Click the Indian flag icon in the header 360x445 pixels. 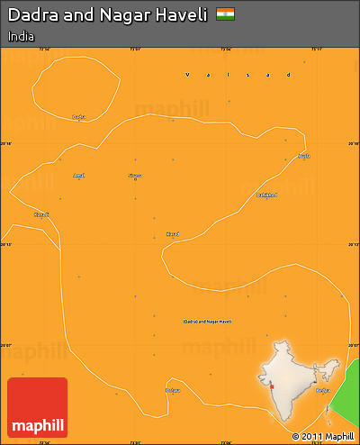pyautogui.click(x=226, y=14)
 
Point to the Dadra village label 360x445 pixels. pyautogui.click(x=78, y=116)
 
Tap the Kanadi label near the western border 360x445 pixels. pyautogui.click(x=40, y=214)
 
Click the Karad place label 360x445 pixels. pyautogui.click(x=172, y=233)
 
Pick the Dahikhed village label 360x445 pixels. pyautogui.click(x=266, y=195)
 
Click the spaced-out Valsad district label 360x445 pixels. pyautogui.click(x=238, y=75)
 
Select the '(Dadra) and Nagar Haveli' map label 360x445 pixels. pyautogui.click(x=207, y=321)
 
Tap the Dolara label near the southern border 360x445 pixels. pyautogui.click(x=173, y=390)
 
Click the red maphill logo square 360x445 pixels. pyautogui.click(x=37, y=407)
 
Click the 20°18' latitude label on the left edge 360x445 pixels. pyautogui.click(x=6, y=143)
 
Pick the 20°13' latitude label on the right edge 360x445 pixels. pyautogui.click(x=354, y=244)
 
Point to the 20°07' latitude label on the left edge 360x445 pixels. pyautogui.click(x=6, y=345)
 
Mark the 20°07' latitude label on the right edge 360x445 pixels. pyautogui.click(x=354, y=345)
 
